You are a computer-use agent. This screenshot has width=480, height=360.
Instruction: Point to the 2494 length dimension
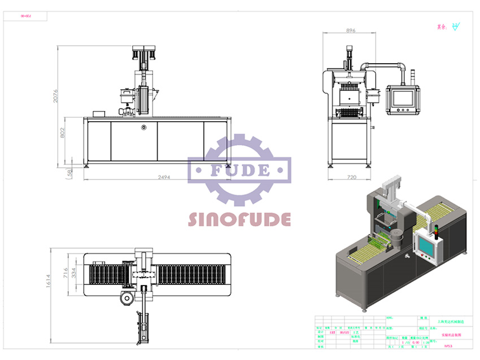tap(163, 177)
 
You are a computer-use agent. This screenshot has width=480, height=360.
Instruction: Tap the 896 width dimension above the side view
tap(350, 31)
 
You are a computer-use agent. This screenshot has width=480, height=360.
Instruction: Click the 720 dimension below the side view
tap(351, 177)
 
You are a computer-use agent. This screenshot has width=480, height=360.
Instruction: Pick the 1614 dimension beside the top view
tap(49, 280)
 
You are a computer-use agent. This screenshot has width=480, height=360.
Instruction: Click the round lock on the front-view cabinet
tap(144, 127)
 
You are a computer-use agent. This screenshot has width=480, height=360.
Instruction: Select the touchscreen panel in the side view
tap(403, 98)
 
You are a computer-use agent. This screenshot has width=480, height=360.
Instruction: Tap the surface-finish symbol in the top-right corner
tap(456, 26)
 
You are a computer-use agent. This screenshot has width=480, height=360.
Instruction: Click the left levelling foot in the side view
tap(331, 165)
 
